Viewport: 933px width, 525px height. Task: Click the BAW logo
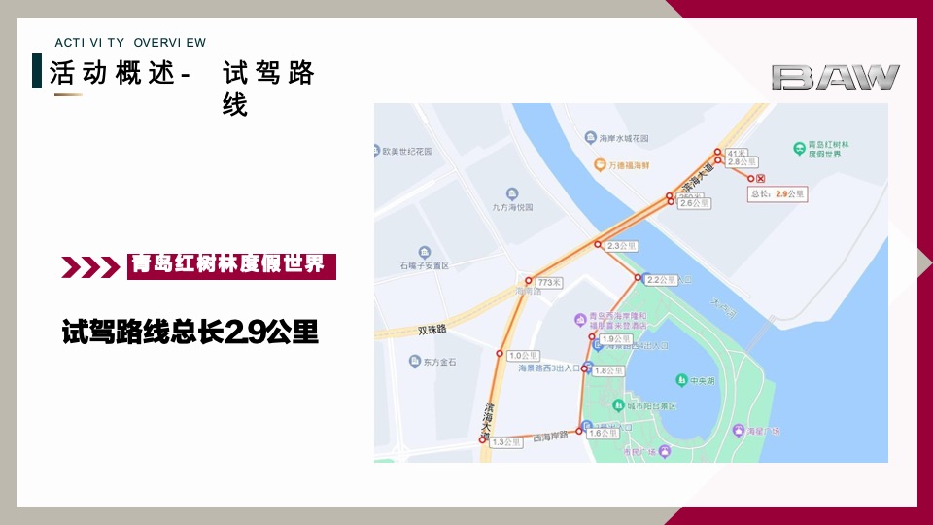point(836,78)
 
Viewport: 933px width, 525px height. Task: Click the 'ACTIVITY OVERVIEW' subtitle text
point(130,42)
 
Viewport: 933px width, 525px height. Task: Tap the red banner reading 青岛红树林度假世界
point(231,265)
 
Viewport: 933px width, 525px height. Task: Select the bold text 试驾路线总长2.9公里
point(190,332)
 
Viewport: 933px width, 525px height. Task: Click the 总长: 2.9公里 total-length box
point(777,194)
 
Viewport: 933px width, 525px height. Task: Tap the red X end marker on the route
point(761,179)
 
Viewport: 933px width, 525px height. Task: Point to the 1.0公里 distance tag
point(522,355)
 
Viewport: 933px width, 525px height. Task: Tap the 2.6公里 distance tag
point(694,203)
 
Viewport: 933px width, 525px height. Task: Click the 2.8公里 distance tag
point(742,161)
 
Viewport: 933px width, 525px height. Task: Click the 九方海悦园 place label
point(512,206)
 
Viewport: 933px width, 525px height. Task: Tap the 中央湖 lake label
point(696,379)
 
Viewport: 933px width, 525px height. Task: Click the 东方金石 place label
point(438,363)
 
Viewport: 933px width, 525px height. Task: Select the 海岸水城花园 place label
point(623,139)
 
